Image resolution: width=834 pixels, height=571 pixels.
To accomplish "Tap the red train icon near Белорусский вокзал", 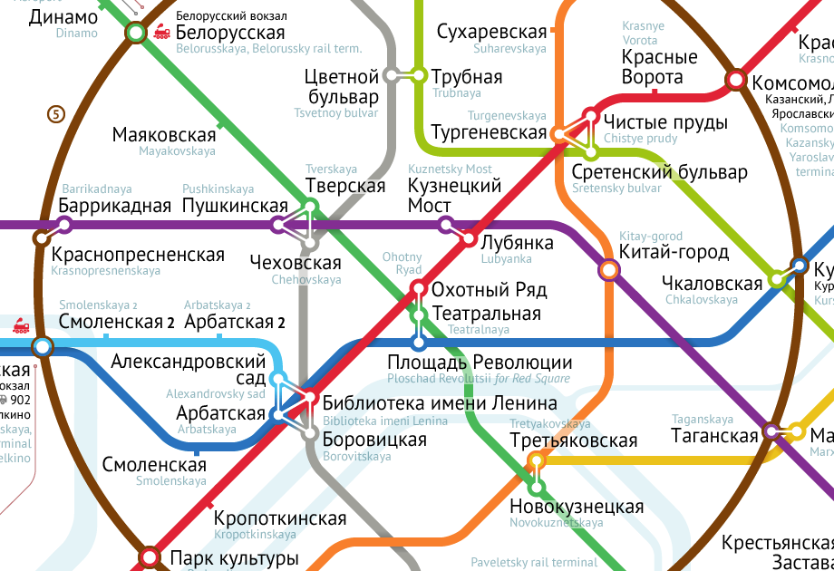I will (x=162, y=33).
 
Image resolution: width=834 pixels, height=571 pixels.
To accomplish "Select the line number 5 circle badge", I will (x=56, y=114).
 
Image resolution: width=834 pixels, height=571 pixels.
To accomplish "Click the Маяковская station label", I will (x=164, y=135).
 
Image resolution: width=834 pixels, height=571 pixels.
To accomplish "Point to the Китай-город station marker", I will (x=609, y=269).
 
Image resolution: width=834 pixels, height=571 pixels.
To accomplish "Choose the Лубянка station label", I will (x=516, y=244).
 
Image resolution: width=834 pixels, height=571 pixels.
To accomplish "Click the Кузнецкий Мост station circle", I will (x=445, y=224).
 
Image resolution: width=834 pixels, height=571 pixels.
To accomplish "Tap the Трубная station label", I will (x=467, y=77).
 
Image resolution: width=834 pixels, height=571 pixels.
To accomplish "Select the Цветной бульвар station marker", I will (x=393, y=75).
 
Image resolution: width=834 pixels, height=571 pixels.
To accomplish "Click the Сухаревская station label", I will (x=492, y=33).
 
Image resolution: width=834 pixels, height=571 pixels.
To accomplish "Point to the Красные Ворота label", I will (x=660, y=67).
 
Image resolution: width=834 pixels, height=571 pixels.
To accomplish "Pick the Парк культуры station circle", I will (x=150, y=556).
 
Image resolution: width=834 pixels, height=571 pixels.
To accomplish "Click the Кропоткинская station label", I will (x=280, y=518).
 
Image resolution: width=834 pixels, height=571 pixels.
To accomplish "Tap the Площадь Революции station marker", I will (x=419, y=343).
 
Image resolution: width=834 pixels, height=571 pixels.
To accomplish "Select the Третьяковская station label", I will (x=574, y=441).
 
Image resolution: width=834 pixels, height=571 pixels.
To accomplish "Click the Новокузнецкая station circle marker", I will (x=537, y=488).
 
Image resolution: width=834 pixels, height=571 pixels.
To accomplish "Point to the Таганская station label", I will (x=714, y=436).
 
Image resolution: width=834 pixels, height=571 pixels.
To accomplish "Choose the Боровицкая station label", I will (x=374, y=440).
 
